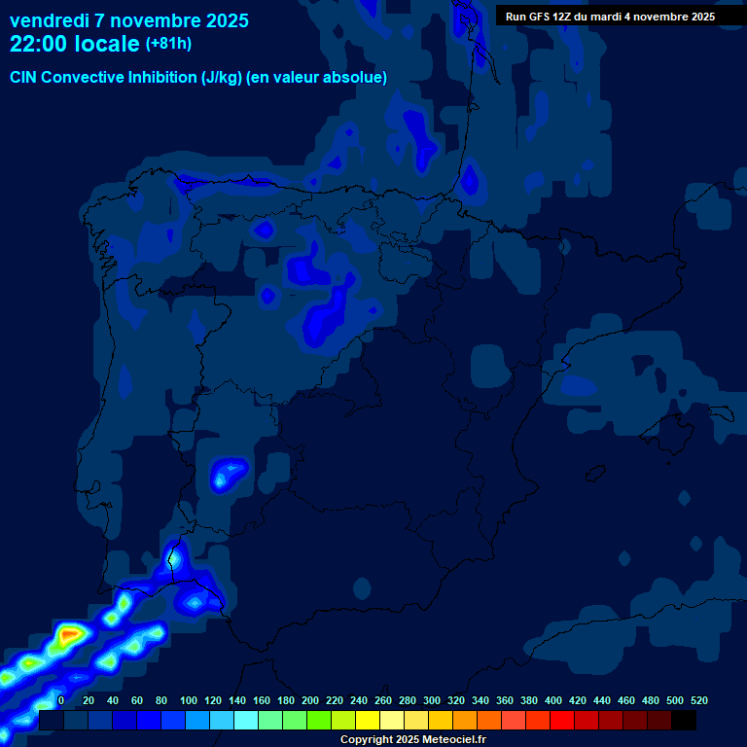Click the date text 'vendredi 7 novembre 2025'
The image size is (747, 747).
pyautogui.click(x=128, y=20)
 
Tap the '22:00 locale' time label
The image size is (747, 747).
pyautogui.click(x=74, y=44)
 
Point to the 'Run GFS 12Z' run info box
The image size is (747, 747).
pyautogui.click(x=610, y=17)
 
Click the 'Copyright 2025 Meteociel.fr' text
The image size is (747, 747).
pyautogui.click(x=412, y=739)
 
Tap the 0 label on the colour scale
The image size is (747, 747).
pyautogui.click(x=61, y=700)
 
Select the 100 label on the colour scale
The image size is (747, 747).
pyautogui.click(x=189, y=700)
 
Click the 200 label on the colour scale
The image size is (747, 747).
pyautogui.click(x=310, y=700)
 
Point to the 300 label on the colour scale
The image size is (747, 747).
pyautogui.click(x=432, y=700)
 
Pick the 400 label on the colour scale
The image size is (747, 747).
pyautogui.click(x=553, y=700)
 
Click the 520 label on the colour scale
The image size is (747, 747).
pyautogui.click(x=698, y=700)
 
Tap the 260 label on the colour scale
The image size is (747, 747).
pyautogui.click(x=383, y=700)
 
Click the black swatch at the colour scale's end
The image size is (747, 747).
pyautogui.click(x=683, y=720)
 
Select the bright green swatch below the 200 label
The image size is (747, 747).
pyautogui.click(x=318, y=720)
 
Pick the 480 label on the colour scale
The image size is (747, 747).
pyautogui.click(x=651, y=700)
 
